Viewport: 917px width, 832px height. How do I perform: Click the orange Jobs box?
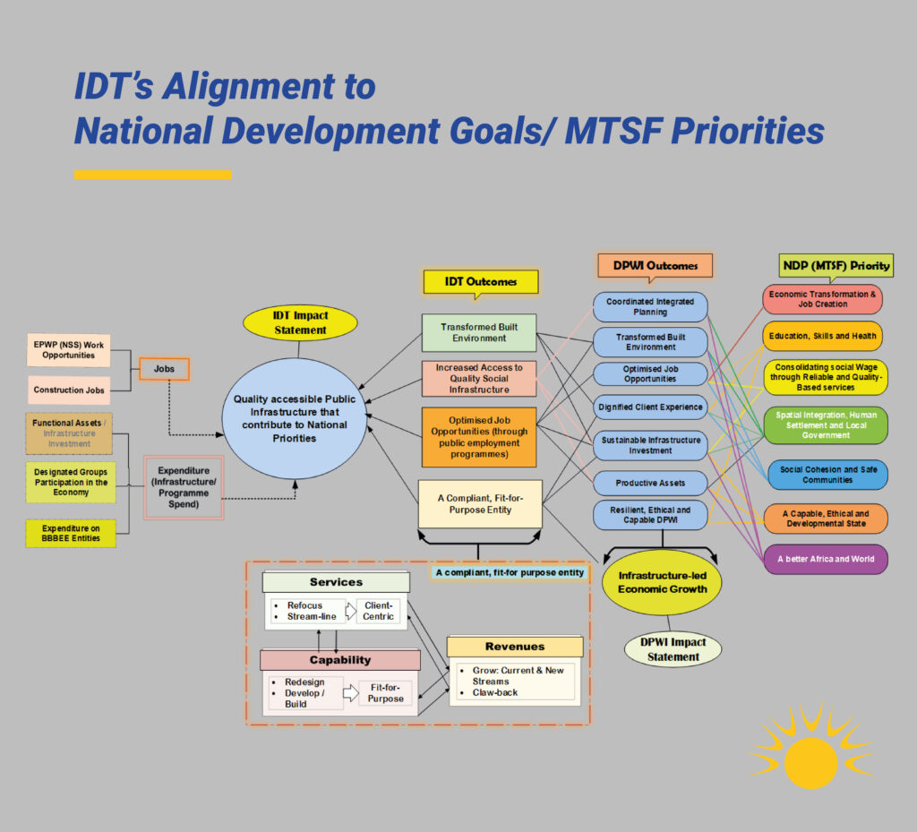tap(164, 369)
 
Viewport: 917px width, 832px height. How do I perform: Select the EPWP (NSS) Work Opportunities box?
tap(68, 349)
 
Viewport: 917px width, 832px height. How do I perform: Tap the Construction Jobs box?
tap(69, 390)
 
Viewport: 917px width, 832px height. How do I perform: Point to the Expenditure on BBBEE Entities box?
tap(71, 533)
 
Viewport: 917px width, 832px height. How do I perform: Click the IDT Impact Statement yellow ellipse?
tap(300, 322)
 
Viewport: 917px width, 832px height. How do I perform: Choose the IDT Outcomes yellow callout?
tap(481, 282)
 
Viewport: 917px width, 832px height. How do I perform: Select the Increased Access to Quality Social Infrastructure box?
tap(479, 378)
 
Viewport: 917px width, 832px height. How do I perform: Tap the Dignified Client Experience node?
tap(650, 407)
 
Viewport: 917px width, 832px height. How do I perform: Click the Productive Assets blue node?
tap(650, 483)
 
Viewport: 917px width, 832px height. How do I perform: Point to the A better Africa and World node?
tap(826, 559)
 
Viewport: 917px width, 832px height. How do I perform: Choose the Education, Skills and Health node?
tap(822, 336)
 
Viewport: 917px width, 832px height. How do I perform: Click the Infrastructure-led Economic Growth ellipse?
tap(662, 582)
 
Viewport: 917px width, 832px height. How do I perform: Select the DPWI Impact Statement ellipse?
tap(673, 649)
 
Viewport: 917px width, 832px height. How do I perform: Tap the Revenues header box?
tap(515, 647)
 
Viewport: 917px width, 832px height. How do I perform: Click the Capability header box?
tap(340, 660)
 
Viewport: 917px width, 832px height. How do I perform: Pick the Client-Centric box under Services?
tap(379, 611)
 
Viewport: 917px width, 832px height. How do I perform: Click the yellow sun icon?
tap(810, 756)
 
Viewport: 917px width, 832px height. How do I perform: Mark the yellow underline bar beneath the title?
tap(153, 175)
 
